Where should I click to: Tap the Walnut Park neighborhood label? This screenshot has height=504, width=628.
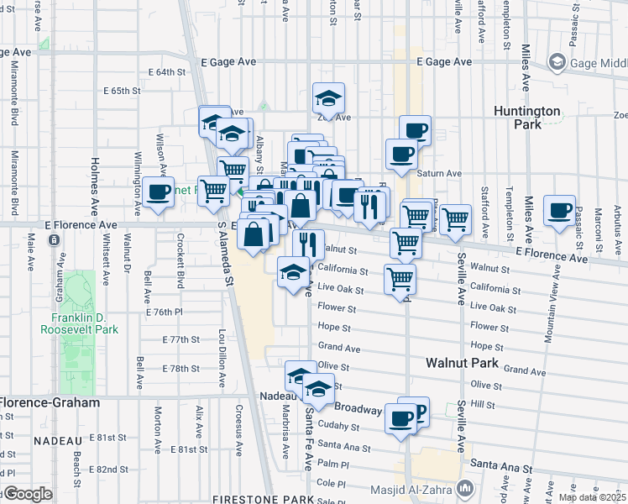coord(461,364)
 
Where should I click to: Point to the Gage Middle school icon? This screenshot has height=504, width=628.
coord(556,62)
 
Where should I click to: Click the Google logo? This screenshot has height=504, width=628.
coord(27,494)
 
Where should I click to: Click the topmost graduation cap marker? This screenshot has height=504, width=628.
coord(328,98)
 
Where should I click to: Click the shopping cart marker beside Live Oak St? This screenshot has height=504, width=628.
coord(400,279)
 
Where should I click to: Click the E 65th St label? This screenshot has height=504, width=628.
coord(120,91)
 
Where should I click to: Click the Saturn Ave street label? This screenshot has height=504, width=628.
coord(441,174)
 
